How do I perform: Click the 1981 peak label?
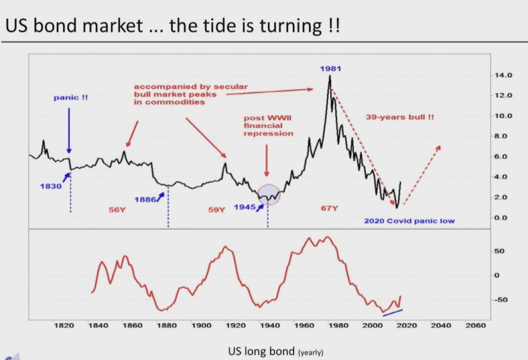coord(331,68)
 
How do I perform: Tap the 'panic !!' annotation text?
coord(71,97)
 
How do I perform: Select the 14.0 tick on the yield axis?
coord(503,75)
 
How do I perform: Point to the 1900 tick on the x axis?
coord(202,325)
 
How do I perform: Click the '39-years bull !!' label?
coord(400,117)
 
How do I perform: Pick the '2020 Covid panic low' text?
coord(409,221)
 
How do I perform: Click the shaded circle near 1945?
coord(269,194)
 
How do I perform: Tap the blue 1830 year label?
coord(51,186)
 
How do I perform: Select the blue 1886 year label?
coord(145,200)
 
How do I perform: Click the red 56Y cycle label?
coord(117,210)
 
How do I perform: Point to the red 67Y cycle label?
coord(329,208)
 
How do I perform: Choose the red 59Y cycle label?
coord(217,210)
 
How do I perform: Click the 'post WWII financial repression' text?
coord(268,125)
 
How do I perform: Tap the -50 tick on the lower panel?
coord(500,300)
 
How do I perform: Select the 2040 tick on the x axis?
coord(441,325)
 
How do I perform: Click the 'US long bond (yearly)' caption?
coord(275,352)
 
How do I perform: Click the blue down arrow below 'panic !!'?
coord(69,131)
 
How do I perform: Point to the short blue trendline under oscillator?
coord(392,313)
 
